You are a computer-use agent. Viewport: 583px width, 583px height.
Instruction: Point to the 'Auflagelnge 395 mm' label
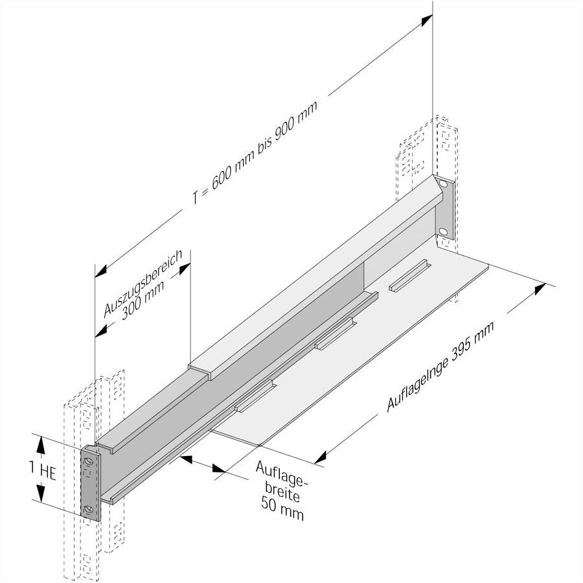pyautogui.click(x=440, y=367)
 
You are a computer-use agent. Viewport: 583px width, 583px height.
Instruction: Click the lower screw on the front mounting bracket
pyautogui.click(x=89, y=509)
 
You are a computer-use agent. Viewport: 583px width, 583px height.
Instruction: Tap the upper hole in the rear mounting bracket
pyautogui.click(x=442, y=185)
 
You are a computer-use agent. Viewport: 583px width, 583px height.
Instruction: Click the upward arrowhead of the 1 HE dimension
pyautogui.click(x=41, y=443)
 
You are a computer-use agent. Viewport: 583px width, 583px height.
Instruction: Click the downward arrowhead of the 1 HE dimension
pyautogui.click(x=41, y=496)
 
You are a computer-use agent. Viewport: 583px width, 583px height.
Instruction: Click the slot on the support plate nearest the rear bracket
pyautogui.click(x=408, y=276)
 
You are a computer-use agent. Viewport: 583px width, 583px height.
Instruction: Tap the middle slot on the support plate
pyautogui.click(x=335, y=334)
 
